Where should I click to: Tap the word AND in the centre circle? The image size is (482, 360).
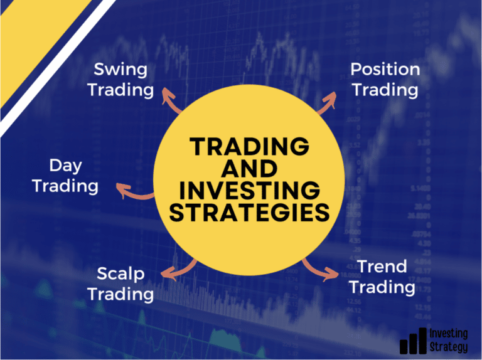click(x=250, y=169)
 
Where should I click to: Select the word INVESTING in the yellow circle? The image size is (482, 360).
click(x=250, y=190)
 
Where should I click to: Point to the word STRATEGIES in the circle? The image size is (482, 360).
click(x=250, y=212)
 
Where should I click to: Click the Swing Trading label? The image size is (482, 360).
click(x=120, y=79)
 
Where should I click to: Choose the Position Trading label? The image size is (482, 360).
click(x=385, y=79)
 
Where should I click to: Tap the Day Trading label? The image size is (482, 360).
click(x=65, y=176)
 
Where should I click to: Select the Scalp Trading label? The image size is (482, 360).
click(x=120, y=283)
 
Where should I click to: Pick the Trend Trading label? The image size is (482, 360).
click(x=382, y=277)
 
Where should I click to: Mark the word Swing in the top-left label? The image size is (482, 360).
click(x=120, y=69)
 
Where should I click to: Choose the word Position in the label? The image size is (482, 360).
click(x=385, y=69)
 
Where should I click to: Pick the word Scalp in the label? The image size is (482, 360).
click(x=120, y=273)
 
